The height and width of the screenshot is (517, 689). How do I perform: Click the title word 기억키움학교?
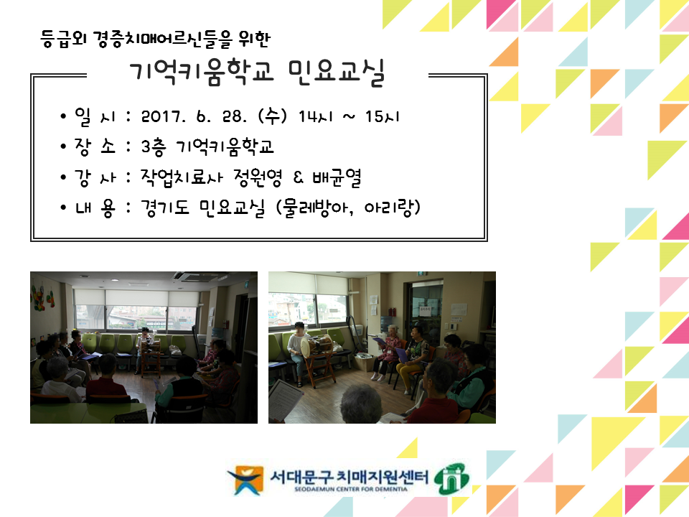point(202,72)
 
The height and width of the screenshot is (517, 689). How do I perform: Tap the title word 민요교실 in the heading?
point(337,73)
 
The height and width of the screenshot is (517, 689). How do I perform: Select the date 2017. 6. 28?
point(192,116)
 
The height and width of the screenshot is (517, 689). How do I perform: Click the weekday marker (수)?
point(273,116)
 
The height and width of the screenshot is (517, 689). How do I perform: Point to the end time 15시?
point(382,116)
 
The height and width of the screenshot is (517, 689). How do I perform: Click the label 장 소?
point(95,146)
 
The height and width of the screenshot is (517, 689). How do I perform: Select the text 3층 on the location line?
point(154,146)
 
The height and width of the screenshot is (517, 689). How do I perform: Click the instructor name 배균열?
point(337,177)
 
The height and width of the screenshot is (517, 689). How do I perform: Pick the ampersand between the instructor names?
point(297,177)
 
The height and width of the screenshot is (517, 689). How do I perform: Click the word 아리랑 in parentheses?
point(388,207)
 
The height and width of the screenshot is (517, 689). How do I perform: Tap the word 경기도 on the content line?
point(165,207)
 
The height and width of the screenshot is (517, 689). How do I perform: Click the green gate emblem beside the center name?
point(451,479)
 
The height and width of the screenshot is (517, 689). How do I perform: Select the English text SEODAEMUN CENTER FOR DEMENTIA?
point(351,489)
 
